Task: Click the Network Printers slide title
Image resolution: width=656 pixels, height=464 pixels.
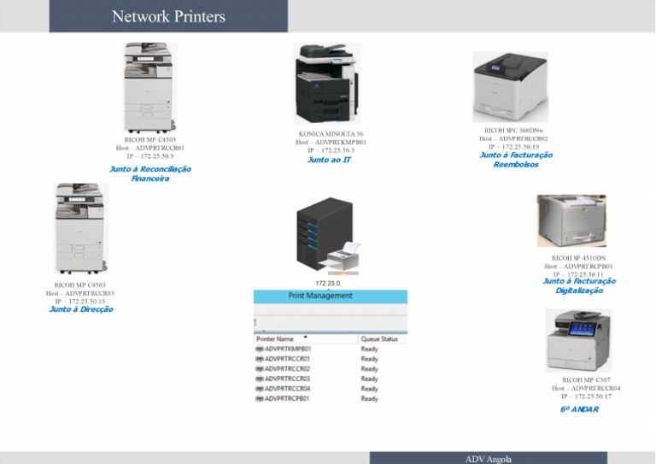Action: [x=168, y=17]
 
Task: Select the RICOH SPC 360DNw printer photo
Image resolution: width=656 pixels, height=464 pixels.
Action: [x=510, y=86]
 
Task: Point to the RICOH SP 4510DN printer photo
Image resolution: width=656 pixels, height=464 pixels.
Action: [x=571, y=220]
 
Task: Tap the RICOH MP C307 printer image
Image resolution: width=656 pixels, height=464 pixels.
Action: [x=578, y=340]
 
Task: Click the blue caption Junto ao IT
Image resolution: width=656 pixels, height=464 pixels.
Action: [x=329, y=160]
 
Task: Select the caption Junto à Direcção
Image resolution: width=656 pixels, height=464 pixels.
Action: [x=81, y=309]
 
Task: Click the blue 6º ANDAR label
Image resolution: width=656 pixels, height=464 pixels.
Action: [x=579, y=409]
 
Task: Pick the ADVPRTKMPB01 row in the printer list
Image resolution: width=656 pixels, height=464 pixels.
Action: [x=288, y=349]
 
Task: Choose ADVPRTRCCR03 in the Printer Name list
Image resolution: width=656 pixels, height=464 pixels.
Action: [x=288, y=379]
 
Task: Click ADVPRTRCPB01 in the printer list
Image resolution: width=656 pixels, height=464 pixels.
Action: [x=288, y=399]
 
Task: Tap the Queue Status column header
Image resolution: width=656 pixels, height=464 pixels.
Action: [x=380, y=338]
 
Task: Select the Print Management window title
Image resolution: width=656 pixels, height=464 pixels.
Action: [x=320, y=296]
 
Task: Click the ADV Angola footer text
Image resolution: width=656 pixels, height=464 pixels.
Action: [x=489, y=459]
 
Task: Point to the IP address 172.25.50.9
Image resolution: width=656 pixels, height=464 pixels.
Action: [x=150, y=156]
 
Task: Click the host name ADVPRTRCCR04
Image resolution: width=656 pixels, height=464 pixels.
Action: [x=586, y=388]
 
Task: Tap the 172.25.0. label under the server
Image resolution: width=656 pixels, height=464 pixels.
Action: [x=328, y=283]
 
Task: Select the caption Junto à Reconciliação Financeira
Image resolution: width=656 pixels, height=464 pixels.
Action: [x=150, y=173]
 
